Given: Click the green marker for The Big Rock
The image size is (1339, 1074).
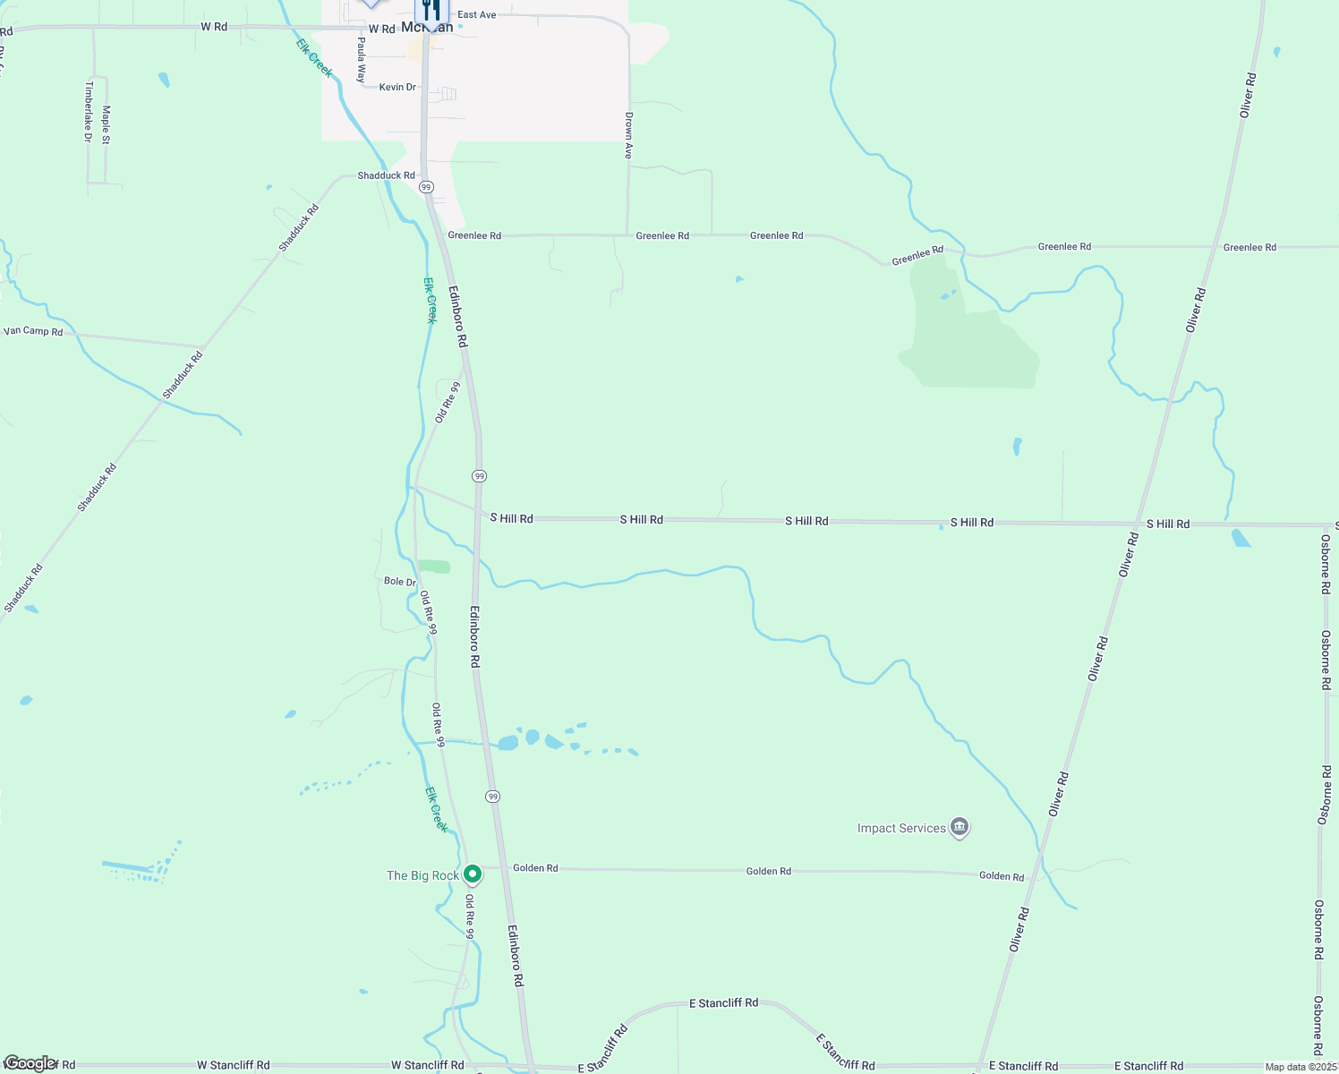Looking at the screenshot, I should [x=473, y=874].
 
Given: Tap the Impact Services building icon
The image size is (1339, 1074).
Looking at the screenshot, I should [x=959, y=827].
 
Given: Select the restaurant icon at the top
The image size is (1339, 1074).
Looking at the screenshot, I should [x=432, y=10].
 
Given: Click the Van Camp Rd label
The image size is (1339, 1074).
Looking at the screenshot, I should [x=33, y=331].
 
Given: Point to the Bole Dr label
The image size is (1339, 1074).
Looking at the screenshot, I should [x=400, y=582].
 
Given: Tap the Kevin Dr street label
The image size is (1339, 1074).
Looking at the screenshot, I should [x=397, y=87].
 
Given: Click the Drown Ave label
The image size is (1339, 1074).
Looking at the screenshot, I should [x=629, y=136].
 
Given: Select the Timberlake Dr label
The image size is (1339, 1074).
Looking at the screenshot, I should [x=89, y=112].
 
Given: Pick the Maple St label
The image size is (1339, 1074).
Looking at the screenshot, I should [x=107, y=124].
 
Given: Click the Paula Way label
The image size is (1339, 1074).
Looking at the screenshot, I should [x=362, y=60].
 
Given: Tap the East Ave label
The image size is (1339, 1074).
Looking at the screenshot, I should [x=476, y=15].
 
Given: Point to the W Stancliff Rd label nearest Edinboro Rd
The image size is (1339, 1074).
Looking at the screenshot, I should [x=427, y=1065].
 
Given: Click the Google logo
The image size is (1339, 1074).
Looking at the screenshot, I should [x=30, y=1063].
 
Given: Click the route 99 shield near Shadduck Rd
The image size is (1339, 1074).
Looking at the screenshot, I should [x=426, y=187].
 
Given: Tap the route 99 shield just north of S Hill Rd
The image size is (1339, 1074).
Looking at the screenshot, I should [x=480, y=476].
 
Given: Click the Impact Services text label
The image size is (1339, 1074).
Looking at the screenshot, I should [x=901, y=829].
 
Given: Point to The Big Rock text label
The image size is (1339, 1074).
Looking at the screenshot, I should [x=422, y=875].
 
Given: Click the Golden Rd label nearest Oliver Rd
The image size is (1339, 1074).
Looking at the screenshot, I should [x=1002, y=876].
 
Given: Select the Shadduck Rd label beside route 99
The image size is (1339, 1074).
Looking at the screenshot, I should [x=387, y=175].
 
